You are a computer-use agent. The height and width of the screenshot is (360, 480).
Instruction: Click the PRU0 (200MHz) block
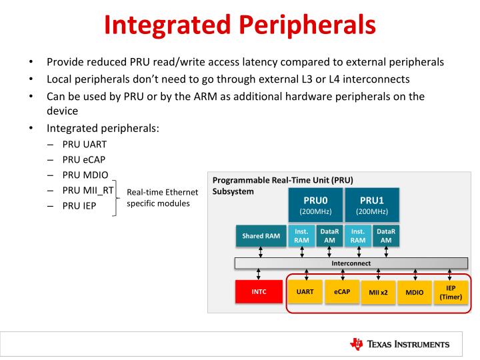(313, 204)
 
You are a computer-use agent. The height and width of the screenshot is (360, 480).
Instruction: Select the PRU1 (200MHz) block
(372, 204)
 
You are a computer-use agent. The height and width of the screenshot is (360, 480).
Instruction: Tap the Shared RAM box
(260, 236)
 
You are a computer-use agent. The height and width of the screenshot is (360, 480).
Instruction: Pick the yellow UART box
(305, 291)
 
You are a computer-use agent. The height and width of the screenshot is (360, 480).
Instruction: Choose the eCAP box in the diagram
(342, 291)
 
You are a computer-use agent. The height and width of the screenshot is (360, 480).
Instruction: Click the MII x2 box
(379, 292)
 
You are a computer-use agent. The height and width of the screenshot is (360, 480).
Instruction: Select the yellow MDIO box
(415, 292)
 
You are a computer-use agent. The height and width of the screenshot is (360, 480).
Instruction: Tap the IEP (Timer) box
(451, 292)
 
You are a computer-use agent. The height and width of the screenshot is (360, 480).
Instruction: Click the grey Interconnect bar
(351, 263)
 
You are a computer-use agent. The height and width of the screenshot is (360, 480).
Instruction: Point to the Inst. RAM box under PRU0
(302, 235)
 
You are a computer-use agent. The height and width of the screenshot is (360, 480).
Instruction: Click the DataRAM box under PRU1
(386, 235)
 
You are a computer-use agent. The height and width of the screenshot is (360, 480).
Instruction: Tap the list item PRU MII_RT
(89, 191)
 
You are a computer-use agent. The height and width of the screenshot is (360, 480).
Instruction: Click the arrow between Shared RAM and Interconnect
(260, 251)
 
